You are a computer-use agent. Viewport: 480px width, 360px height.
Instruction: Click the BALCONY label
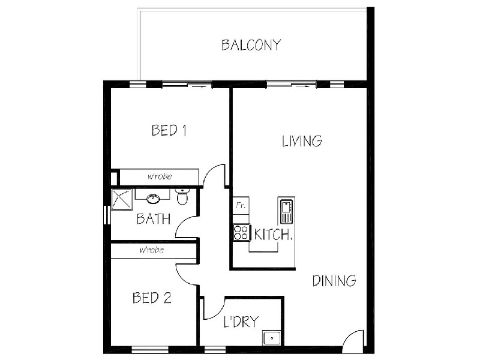coord(251,45)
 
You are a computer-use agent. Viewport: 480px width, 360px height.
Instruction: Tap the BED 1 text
coord(169,130)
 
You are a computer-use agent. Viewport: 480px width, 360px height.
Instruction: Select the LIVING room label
coord(302,141)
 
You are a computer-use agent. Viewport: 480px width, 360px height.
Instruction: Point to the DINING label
coord(334,281)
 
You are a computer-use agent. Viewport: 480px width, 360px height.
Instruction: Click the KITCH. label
coord(273,234)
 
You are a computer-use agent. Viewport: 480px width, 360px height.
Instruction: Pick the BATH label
coord(154,218)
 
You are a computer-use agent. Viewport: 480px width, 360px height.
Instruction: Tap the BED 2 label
coord(152,298)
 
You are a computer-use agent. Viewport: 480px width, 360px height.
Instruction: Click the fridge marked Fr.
coord(241,205)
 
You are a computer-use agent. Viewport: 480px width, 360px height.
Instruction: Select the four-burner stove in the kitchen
coord(241,232)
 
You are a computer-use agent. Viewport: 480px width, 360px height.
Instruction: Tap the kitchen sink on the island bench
coord(286,210)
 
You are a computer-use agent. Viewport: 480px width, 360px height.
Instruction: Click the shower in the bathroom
coord(122,199)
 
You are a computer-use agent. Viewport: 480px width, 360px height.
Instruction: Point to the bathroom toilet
coord(183,196)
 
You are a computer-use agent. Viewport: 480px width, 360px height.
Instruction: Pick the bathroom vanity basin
coord(154,197)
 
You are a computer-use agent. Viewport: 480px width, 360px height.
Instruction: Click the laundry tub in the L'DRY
coord(271,338)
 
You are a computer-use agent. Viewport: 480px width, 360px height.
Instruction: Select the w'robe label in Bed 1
coord(159,177)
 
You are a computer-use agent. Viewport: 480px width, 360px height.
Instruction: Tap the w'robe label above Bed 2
coord(151,250)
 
